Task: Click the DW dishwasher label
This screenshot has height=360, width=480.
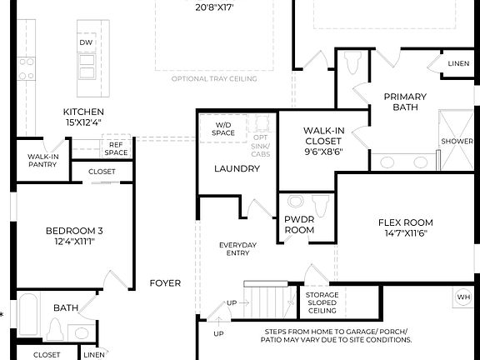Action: [x=85, y=42]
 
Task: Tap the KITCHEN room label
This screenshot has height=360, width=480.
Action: [x=83, y=112]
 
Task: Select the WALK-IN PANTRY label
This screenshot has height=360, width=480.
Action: [x=42, y=160]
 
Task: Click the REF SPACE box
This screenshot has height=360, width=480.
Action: [x=116, y=148]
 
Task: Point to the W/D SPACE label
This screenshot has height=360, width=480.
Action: [x=223, y=128]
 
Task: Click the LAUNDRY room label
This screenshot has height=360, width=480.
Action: [x=237, y=168]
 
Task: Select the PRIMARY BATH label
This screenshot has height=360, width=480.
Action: [x=405, y=102]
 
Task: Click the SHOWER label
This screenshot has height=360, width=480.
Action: [x=457, y=142]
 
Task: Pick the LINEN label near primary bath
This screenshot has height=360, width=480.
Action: [x=458, y=63]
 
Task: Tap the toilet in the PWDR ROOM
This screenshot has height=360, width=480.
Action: [x=318, y=203]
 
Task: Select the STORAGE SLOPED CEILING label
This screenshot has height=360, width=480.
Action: [x=321, y=302]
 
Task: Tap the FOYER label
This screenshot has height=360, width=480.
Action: [x=165, y=283]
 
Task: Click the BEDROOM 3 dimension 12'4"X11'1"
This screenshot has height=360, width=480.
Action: [x=75, y=242]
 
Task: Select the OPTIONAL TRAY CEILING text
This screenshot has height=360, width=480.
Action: [x=214, y=79]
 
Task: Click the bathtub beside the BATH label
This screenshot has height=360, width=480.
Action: [x=27, y=317]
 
